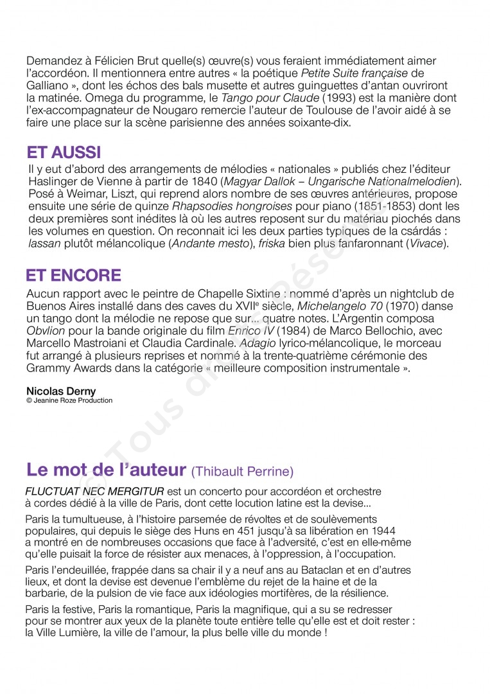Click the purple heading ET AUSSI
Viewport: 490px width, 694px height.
[x=64, y=153]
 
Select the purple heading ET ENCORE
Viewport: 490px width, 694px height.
[x=73, y=276]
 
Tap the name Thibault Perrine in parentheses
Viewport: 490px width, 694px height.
[x=242, y=472]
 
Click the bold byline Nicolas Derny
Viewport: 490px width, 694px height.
[x=61, y=391]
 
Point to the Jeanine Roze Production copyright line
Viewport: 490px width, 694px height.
[x=69, y=400]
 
